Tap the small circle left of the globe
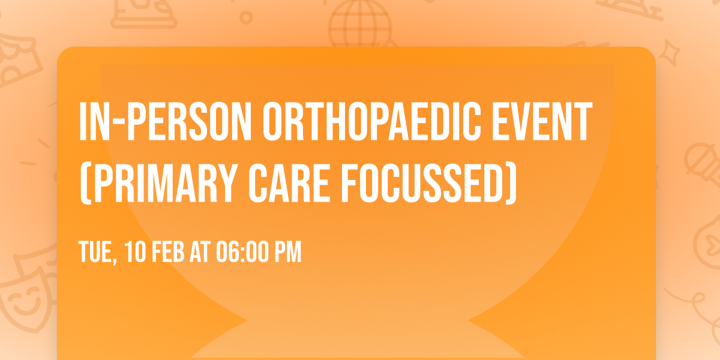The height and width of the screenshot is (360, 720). click(246, 17)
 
